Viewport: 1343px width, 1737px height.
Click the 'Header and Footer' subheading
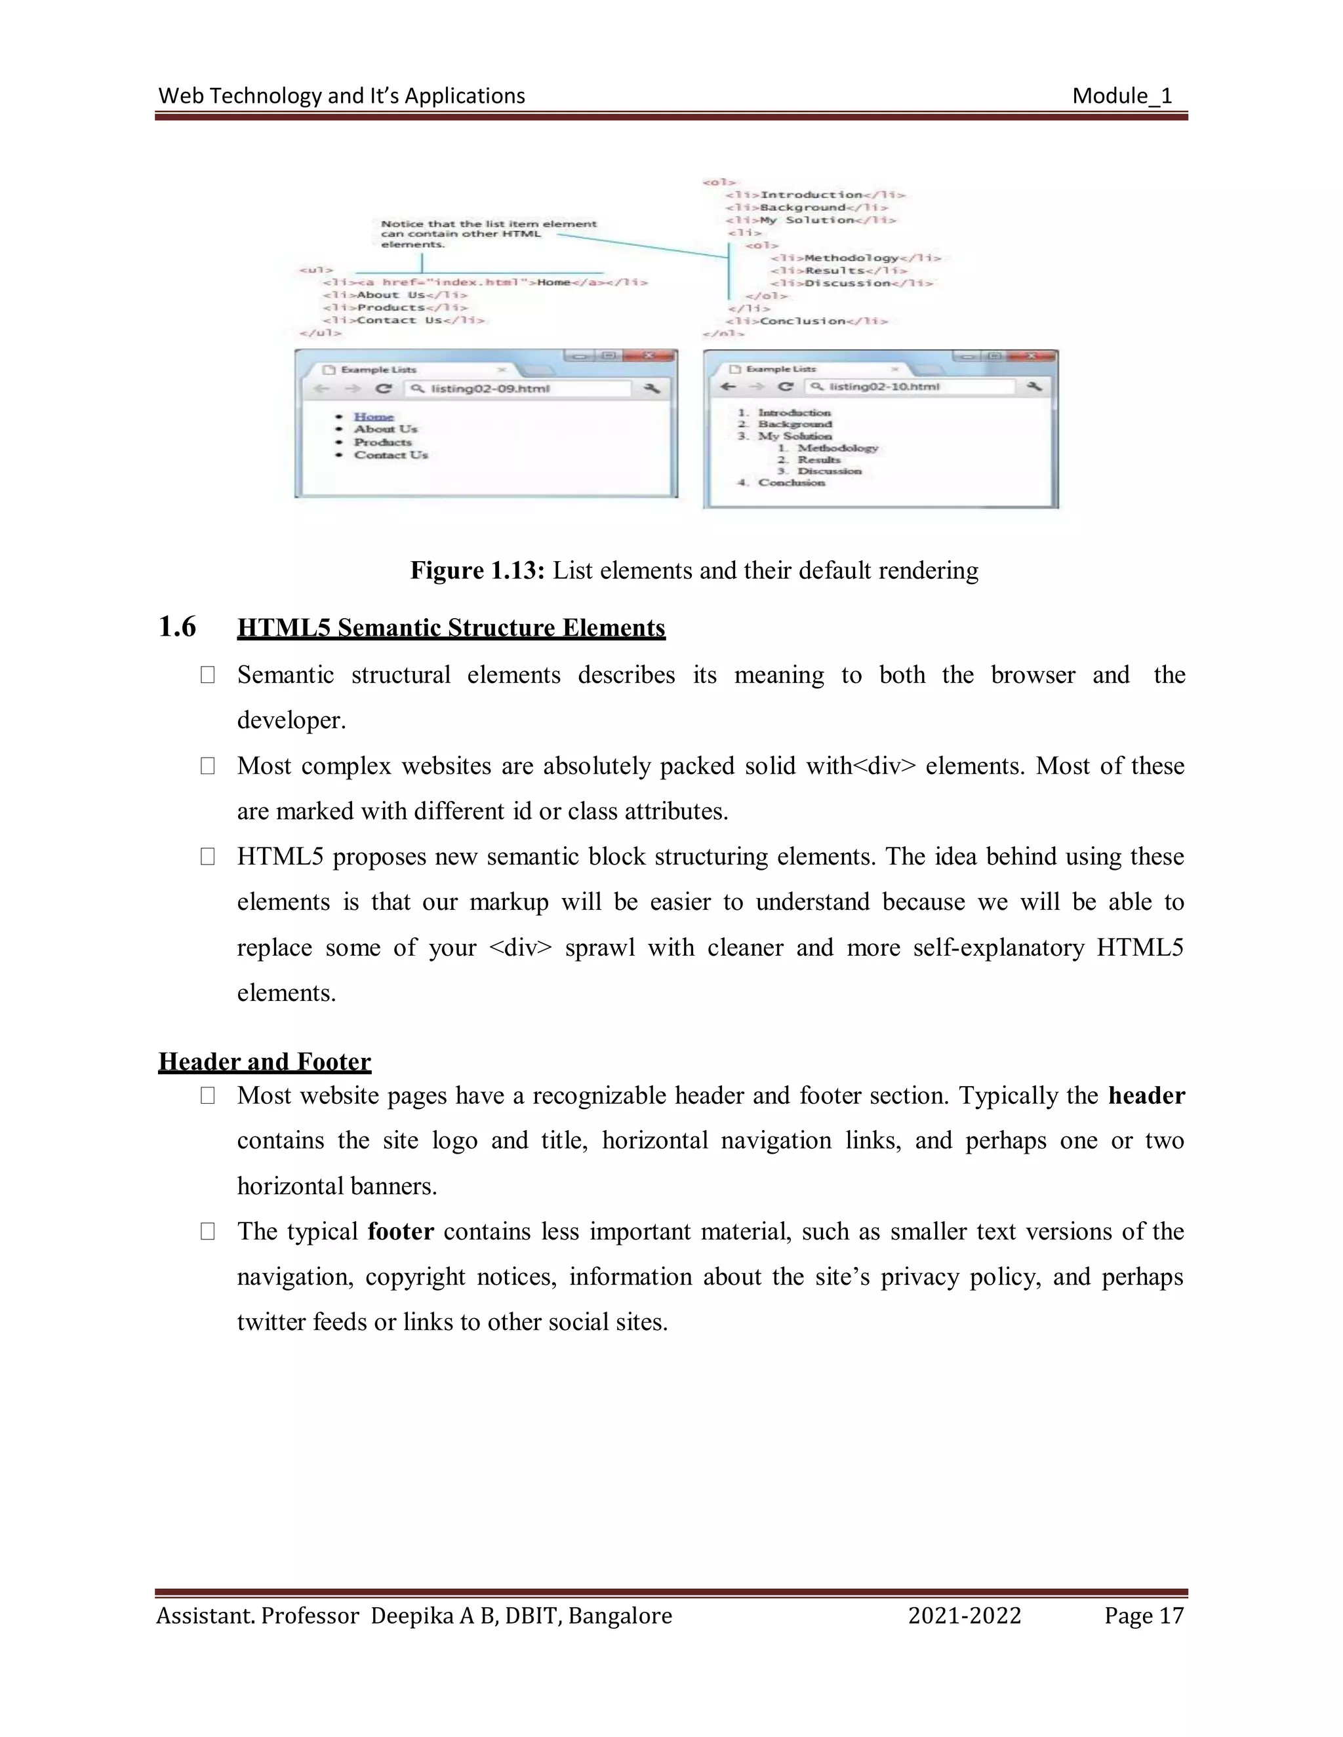point(264,1062)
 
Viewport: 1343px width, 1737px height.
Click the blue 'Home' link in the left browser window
point(373,417)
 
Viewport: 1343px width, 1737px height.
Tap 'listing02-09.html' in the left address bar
point(490,389)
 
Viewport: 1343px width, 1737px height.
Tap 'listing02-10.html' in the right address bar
point(884,387)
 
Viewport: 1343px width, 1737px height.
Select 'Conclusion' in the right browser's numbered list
point(791,483)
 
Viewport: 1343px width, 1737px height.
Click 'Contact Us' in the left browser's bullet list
point(391,455)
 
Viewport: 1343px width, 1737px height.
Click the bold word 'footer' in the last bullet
point(400,1231)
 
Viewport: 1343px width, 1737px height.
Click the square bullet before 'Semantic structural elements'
point(208,675)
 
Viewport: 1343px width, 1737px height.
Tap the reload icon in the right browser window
point(785,387)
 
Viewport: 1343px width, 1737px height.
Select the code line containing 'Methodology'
point(855,258)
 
